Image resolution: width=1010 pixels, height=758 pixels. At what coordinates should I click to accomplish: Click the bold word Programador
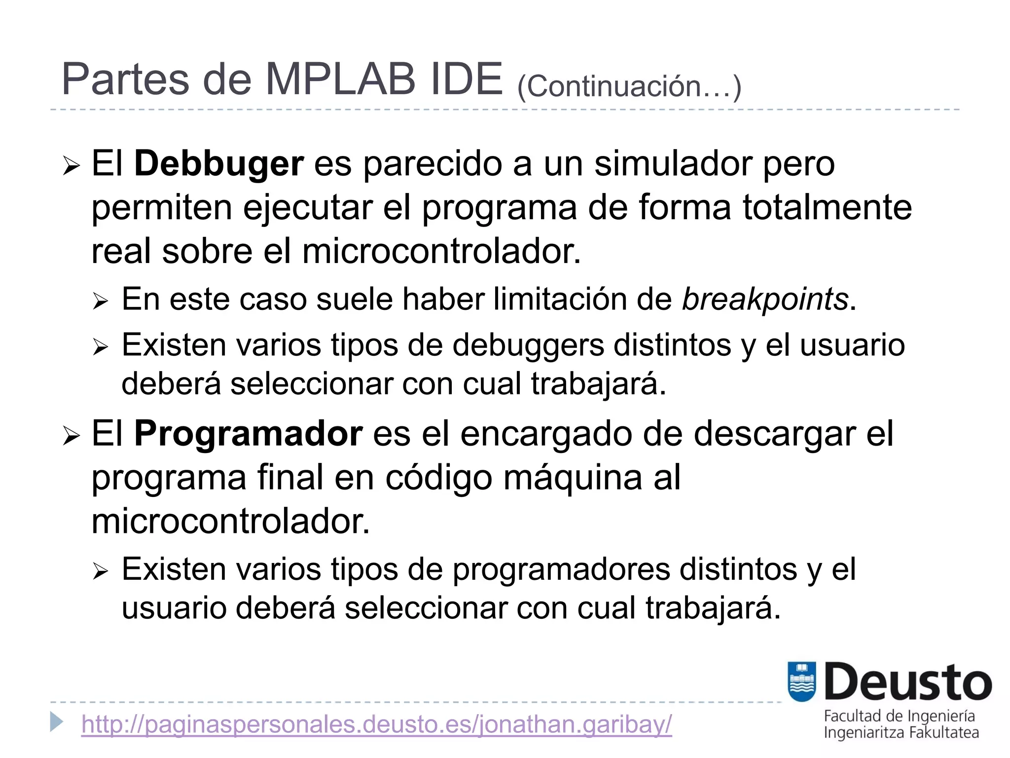(249, 434)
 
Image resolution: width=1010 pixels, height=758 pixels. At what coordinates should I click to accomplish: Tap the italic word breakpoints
(765, 299)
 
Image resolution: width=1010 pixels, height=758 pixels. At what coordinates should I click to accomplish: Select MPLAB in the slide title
(340, 79)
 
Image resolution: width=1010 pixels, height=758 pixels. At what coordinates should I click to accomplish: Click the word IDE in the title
(466, 79)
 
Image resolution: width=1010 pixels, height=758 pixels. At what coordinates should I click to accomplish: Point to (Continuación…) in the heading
(629, 86)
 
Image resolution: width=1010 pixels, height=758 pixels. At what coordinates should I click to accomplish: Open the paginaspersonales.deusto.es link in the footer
(376, 724)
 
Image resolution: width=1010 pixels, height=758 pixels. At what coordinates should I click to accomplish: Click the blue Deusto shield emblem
(802, 682)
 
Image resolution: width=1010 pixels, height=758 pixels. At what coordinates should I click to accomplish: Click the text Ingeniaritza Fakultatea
(901, 733)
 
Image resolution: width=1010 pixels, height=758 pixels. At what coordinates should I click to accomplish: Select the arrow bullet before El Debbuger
(71, 166)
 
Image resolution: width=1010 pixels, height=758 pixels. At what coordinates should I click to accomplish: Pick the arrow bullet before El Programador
(71, 436)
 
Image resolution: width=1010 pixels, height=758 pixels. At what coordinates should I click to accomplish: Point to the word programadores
(561, 569)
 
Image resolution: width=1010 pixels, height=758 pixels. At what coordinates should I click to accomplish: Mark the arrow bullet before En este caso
(100, 301)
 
